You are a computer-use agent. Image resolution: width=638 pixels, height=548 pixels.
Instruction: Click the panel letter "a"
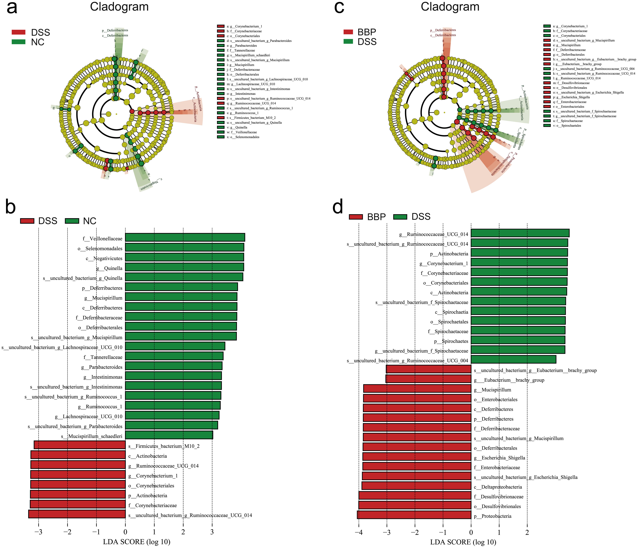click(x=12, y=8)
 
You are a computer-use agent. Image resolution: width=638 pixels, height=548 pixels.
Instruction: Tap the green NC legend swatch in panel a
click(x=18, y=42)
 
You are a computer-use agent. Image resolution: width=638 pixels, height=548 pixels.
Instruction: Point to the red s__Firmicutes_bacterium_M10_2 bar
click(x=79, y=445)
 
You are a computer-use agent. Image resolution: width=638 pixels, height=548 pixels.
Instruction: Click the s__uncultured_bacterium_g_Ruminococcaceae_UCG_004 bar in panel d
click(x=513, y=359)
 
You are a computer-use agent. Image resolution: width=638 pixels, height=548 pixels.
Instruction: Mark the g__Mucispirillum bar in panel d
click(x=417, y=389)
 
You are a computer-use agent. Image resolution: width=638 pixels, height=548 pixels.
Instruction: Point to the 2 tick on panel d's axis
click(x=527, y=531)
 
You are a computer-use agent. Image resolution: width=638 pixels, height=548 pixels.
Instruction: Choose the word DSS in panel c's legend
click(x=367, y=42)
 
